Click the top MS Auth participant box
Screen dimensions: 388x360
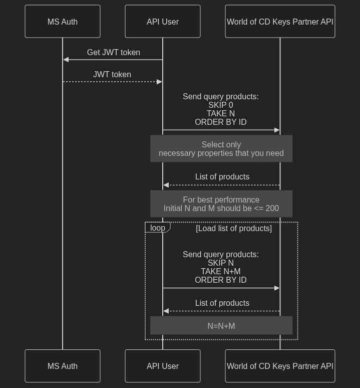click(x=63, y=22)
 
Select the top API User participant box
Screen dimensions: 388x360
click(x=163, y=22)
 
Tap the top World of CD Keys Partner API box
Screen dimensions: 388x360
click(x=280, y=22)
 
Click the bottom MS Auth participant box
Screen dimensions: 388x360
click(x=63, y=366)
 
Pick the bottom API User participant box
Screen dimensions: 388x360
click(x=163, y=366)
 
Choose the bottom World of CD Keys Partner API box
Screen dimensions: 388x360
click(x=280, y=366)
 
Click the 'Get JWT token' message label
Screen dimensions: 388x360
click(x=113, y=52)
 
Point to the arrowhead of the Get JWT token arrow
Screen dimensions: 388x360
click(x=66, y=60)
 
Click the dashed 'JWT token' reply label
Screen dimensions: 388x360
click(x=112, y=74)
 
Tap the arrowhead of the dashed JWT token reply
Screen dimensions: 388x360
click(x=160, y=82)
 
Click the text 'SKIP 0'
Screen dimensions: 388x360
click(x=221, y=105)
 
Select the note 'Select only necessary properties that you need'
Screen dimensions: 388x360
click(x=221, y=149)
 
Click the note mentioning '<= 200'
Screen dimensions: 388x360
click(x=221, y=204)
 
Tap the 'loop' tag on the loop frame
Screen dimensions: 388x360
click(x=158, y=228)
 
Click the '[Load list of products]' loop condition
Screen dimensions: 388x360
click(x=234, y=228)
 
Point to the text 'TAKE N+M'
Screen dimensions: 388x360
click(x=221, y=272)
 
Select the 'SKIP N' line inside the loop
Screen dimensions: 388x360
click(x=221, y=263)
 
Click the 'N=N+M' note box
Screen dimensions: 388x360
click(x=221, y=326)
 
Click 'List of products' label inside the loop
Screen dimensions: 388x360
click(x=222, y=303)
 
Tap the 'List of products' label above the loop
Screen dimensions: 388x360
click(x=222, y=176)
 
